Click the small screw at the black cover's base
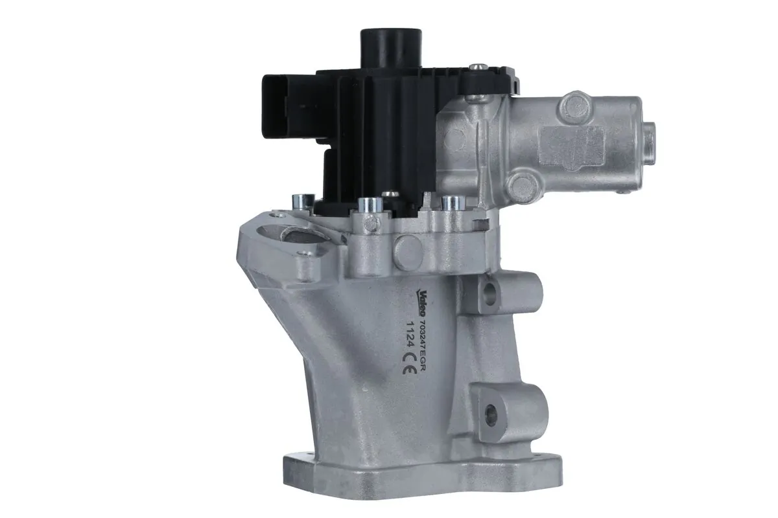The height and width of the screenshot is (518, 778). click(x=390, y=194)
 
